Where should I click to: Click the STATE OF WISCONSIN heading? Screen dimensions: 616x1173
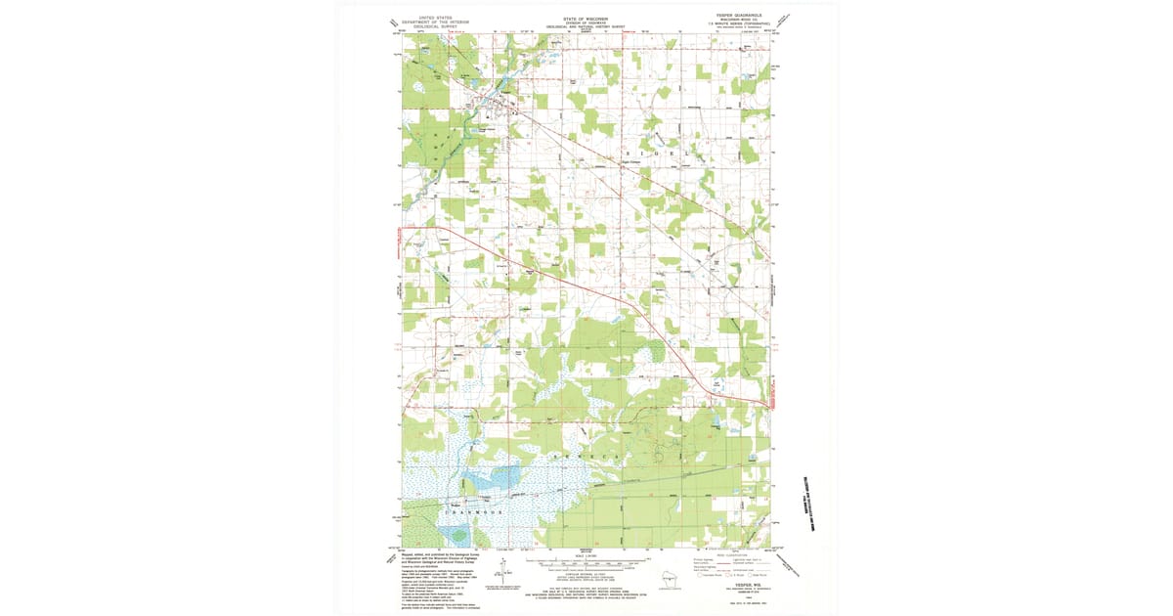(x=586, y=17)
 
